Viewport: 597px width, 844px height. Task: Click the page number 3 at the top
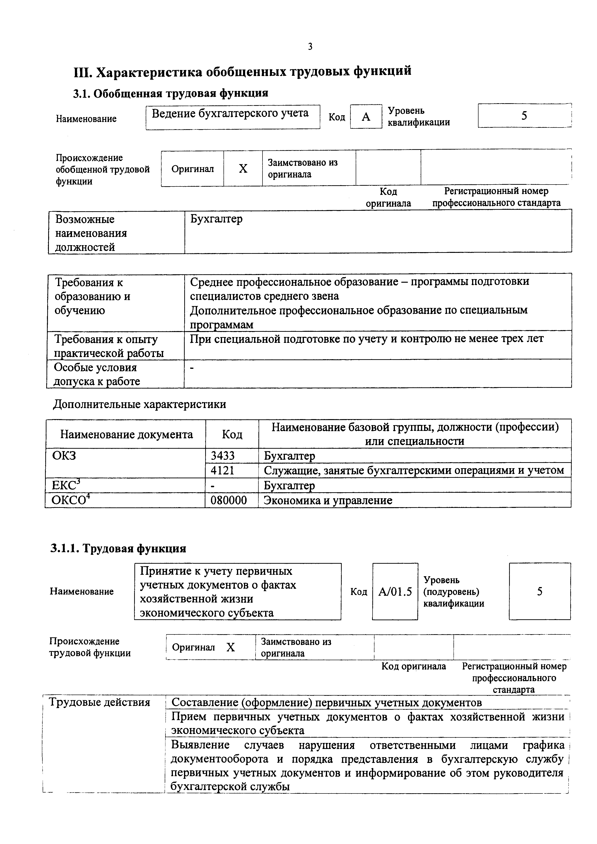coord(310,47)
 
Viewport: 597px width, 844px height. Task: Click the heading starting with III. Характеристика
coord(243,71)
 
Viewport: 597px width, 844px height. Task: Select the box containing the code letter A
coord(366,117)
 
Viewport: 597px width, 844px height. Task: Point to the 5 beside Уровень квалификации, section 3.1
coord(524,116)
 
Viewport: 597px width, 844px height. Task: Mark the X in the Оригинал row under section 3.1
coord(243,169)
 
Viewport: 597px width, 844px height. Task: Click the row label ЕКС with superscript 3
coord(66,485)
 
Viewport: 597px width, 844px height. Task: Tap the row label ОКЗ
coord(64,456)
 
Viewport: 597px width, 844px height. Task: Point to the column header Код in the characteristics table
coord(232,435)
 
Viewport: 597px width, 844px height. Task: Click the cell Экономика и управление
coord(328,500)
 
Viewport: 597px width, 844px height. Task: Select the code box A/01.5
coord(395,592)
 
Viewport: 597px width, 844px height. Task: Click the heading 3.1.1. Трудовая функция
coord(118,549)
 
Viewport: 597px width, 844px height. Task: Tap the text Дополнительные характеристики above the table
coord(139,404)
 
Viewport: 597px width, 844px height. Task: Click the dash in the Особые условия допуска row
coord(192,367)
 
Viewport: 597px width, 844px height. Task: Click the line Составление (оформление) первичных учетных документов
coord(327,703)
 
